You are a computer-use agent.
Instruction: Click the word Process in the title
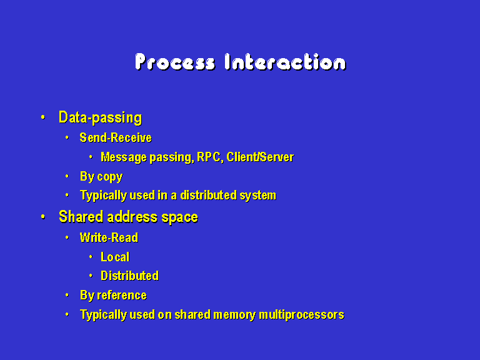[x=176, y=62]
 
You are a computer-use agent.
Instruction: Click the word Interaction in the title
[x=285, y=62]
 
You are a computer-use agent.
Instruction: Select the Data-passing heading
[x=101, y=118]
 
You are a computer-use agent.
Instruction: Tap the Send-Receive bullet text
[x=116, y=137]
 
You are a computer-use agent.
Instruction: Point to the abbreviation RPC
[x=209, y=157]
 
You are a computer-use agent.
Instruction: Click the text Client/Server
[x=260, y=157]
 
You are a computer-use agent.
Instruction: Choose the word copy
[x=110, y=177]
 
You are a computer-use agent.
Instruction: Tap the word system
[x=258, y=196]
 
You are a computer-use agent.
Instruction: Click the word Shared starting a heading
[x=81, y=217]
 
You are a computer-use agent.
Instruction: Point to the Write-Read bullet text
[x=109, y=237]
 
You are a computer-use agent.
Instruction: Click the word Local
[x=115, y=257]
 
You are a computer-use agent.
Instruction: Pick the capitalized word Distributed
[x=130, y=276]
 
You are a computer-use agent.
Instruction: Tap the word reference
[x=122, y=296]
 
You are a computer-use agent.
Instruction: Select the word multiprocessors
[x=301, y=315]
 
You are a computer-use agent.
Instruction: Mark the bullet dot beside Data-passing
[x=43, y=117]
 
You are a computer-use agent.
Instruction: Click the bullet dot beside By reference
[x=67, y=295]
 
